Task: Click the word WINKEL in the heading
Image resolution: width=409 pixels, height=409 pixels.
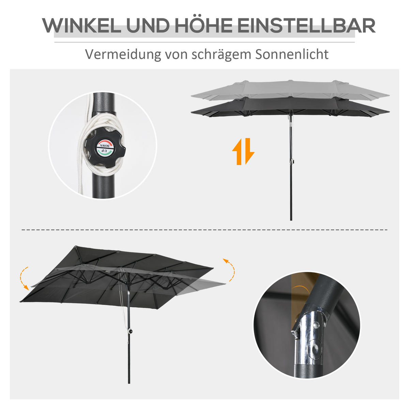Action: pyautogui.click(x=82, y=26)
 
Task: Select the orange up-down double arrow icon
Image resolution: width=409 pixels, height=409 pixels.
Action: pyautogui.click(x=243, y=151)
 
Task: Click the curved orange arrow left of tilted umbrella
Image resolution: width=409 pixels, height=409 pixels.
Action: pyautogui.click(x=24, y=277)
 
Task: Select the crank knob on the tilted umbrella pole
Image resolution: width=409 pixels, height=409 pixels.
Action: pyautogui.click(x=131, y=331)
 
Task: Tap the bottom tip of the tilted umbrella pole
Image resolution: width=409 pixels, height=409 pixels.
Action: pyautogui.click(x=129, y=382)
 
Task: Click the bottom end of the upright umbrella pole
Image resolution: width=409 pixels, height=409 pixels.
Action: pyautogui.click(x=291, y=219)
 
